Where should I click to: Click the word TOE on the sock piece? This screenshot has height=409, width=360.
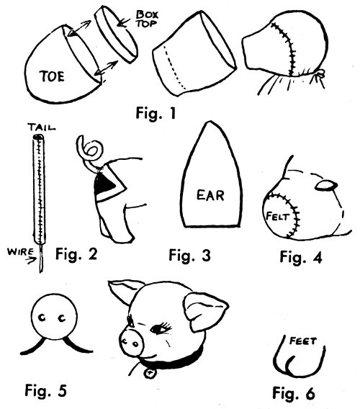point(52,76)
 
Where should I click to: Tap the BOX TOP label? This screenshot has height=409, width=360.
point(147,19)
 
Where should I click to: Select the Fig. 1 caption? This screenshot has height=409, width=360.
point(156,114)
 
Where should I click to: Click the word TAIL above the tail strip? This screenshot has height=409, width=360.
point(42,127)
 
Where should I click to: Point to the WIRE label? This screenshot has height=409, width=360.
point(20,252)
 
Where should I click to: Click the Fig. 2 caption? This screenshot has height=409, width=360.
point(76,253)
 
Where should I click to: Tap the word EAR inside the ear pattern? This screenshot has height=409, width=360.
point(210,195)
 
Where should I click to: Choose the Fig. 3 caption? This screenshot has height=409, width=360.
point(189,255)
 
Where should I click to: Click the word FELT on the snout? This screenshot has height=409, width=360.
point(277,216)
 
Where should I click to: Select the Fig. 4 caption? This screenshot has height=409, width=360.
point(301,257)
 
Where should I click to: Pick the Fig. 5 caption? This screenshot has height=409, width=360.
point(45,391)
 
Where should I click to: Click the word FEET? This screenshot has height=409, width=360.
point(303,341)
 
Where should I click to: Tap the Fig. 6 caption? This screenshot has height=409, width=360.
point(294,393)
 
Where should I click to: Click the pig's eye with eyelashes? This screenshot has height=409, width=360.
point(161,328)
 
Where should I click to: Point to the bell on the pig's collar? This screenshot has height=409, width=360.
point(150,373)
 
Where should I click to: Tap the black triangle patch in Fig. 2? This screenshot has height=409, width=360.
point(104,186)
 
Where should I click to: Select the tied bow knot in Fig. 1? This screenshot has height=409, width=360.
point(320,74)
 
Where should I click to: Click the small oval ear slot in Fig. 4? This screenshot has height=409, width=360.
point(326,186)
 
